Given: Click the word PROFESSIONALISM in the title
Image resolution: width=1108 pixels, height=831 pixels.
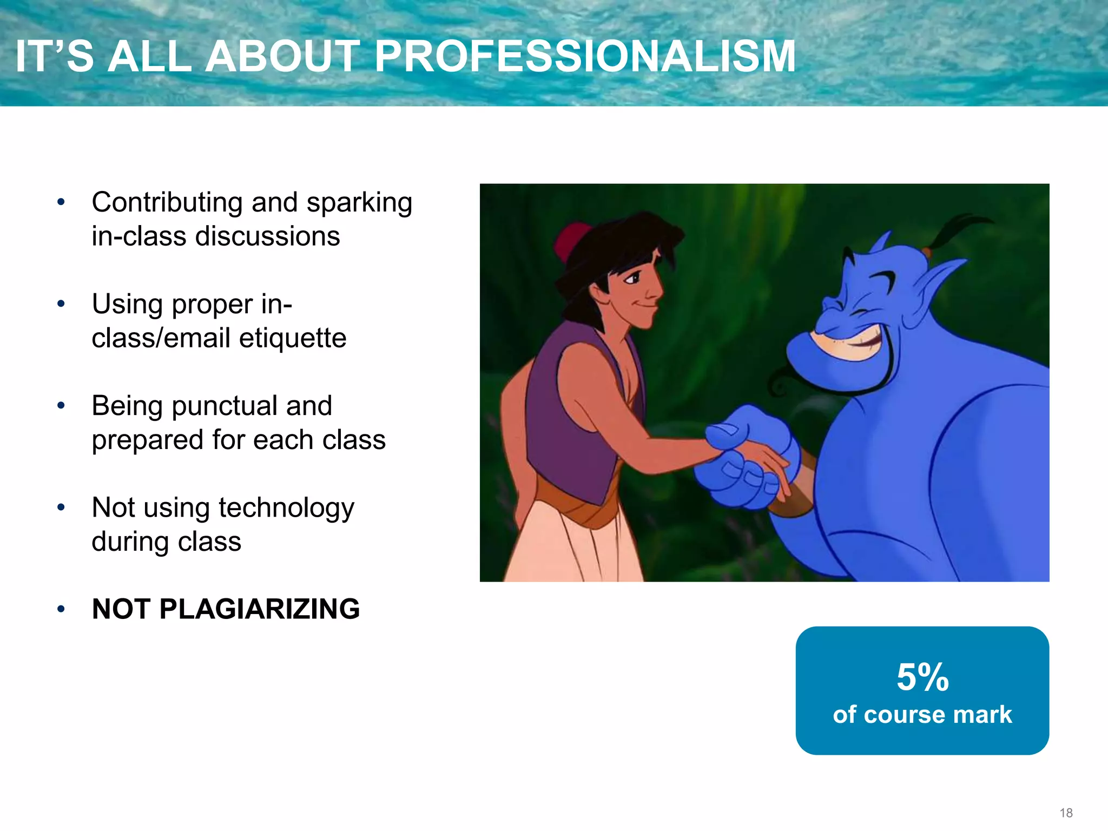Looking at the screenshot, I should point(585,56).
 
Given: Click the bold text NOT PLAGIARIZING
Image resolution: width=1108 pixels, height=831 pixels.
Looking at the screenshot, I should point(226,609).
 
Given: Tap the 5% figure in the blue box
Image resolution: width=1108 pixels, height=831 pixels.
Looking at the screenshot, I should point(922,677).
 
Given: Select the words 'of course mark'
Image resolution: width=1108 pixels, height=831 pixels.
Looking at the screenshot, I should point(922,715).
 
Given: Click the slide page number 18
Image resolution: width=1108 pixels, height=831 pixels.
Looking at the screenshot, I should point(1066,813).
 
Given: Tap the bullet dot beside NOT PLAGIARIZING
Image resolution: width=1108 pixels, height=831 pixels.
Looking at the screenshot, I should point(61,609).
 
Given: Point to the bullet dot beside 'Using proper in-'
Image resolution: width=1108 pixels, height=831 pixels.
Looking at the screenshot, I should point(61,304).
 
